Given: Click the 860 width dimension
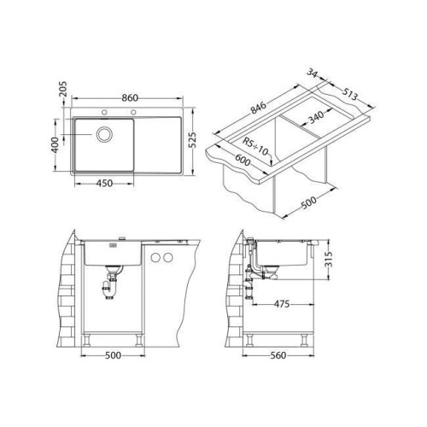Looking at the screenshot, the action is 130,98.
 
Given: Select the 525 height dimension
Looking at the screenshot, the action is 193,140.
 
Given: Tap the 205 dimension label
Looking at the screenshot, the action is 63,89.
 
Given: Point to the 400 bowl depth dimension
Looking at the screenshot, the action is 55,145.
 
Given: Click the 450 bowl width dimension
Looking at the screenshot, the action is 104,183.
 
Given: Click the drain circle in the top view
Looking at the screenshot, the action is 104,134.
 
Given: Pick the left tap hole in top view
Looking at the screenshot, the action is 104,112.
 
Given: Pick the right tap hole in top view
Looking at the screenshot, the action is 133,112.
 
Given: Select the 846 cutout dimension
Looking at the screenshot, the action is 259,108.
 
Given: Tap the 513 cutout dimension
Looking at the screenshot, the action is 349,94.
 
